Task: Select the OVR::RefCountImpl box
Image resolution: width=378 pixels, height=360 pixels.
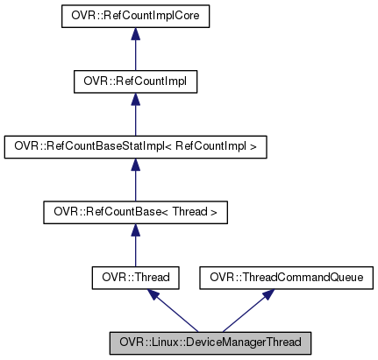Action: pyautogui.click(x=135, y=81)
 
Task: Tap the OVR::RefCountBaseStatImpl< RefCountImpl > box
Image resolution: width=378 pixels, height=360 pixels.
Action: pyautogui.click(x=135, y=146)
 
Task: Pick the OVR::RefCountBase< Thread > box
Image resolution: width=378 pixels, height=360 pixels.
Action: pyautogui.click(x=135, y=212)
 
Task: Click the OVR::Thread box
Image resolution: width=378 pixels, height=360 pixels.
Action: pyautogui.click(x=135, y=278)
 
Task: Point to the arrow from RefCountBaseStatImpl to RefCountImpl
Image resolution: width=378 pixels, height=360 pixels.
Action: pyautogui.click(x=135, y=116)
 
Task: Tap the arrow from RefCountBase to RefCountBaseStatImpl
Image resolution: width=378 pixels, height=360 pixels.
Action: pyautogui.click(x=135, y=182)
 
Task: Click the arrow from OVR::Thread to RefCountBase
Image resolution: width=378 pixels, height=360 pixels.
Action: pyautogui.click(x=135, y=248)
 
